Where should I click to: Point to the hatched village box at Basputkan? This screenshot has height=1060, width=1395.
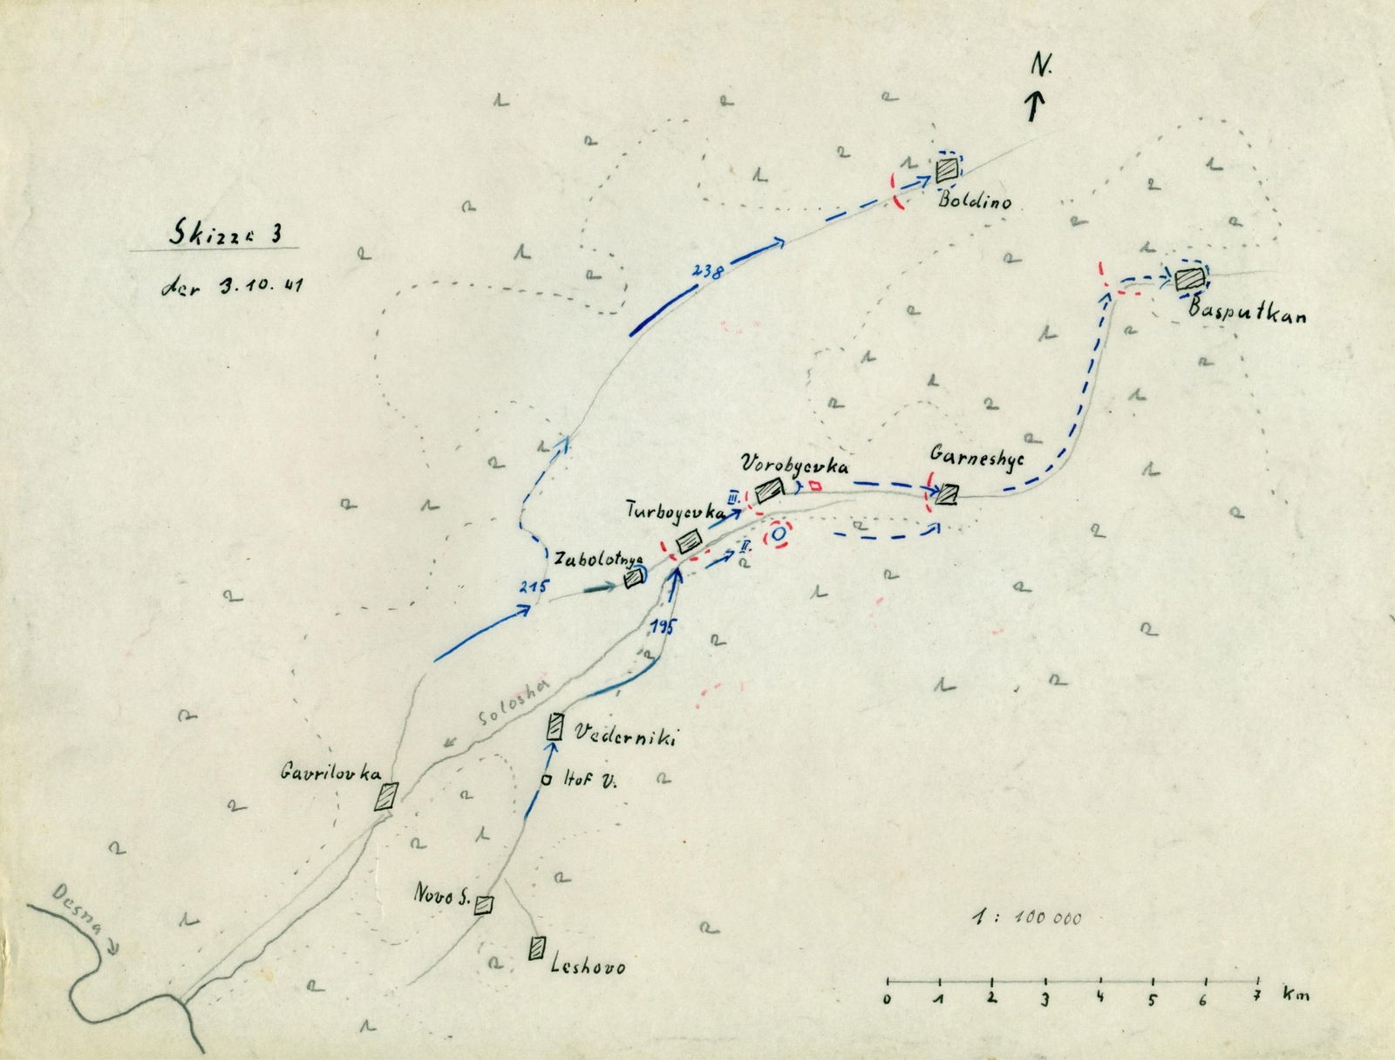click(1187, 280)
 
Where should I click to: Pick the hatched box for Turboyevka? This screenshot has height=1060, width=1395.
click(691, 540)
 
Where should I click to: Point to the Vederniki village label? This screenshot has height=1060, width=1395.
click(624, 738)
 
